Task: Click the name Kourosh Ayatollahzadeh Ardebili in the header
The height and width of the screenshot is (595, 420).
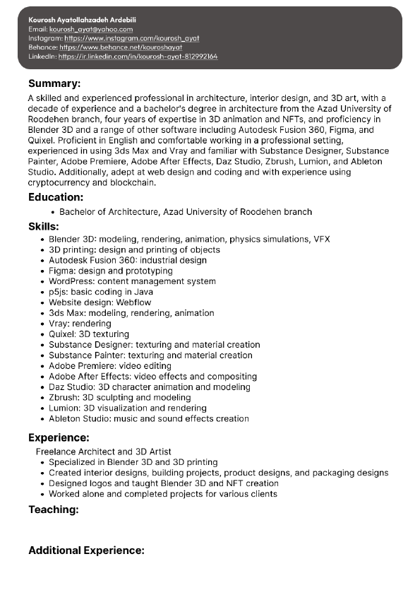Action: coord(82,20)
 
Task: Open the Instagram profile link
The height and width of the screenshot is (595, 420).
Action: coord(131,38)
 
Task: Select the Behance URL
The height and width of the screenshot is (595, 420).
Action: coord(125,47)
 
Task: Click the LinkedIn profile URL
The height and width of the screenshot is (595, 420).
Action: coord(138,56)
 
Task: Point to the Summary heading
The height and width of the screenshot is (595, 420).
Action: coord(54,83)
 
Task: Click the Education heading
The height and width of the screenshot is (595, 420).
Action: coord(56,197)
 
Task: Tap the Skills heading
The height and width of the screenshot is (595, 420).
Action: coord(44,226)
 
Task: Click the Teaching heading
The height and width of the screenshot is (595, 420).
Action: coord(54,509)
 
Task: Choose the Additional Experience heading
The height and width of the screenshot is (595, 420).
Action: coord(86,550)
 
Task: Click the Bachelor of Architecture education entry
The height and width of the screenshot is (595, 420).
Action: coord(186,211)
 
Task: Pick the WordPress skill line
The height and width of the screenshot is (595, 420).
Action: coord(132,281)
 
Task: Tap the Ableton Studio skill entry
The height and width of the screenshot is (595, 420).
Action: coord(148,418)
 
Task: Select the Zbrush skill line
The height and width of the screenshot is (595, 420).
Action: coord(120,397)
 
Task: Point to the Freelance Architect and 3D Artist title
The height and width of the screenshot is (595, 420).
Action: coord(104,452)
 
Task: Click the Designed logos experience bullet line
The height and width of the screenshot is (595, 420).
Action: coord(163,483)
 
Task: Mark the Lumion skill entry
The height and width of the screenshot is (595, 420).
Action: coord(128,408)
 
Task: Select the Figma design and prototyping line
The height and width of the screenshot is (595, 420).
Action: coord(111,271)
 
